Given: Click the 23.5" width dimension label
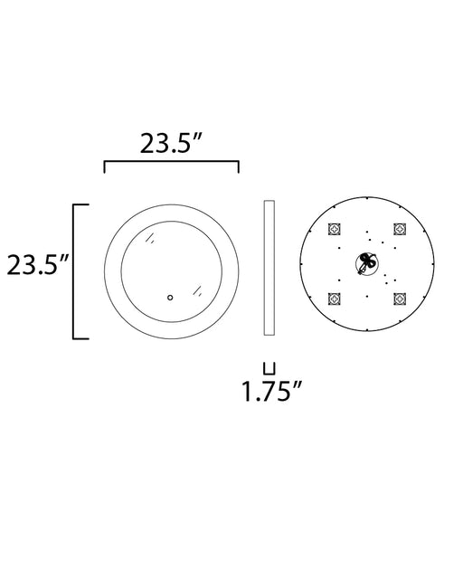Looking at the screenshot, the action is pyautogui.click(x=172, y=143).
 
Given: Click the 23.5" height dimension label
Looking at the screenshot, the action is pyautogui.click(x=38, y=264).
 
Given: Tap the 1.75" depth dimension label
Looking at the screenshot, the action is pyautogui.click(x=272, y=391).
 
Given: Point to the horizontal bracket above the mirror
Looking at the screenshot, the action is pyautogui.click(x=172, y=161).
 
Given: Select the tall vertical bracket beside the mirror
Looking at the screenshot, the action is pyautogui.click(x=74, y=271).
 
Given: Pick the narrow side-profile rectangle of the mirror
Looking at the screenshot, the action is pyautogui.click(x=269, y=268).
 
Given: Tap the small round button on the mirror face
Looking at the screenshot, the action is pyautogui.click(x=170, y=298).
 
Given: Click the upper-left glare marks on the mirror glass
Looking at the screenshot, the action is pyautogui.click(x=149, y=238).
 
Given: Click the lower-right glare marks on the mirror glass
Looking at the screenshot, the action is pyautogui.click(x=198, y=290).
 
